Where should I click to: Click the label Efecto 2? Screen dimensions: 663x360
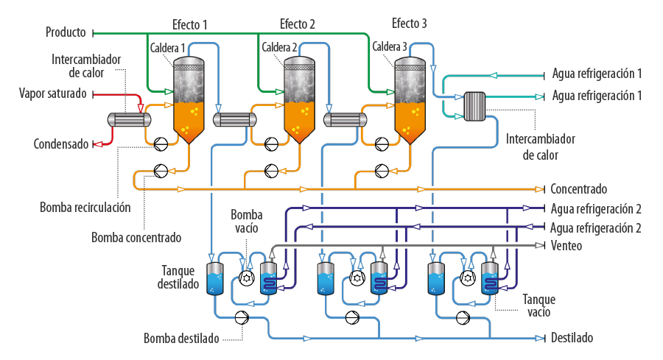click(x=298, y=24)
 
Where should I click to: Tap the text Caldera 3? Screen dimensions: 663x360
click(x=390, y=46)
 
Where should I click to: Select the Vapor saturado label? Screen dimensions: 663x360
click(x=53, y=93)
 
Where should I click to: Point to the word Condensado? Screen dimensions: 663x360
click(x=61, y=144)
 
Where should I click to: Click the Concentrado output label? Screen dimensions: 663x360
click(x=578, y=189)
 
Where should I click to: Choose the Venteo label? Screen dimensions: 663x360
click(x=566, y=245)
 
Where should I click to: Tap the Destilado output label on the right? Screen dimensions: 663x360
click(x=572, y=338)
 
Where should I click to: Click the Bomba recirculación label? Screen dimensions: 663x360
click(x=85, y=208)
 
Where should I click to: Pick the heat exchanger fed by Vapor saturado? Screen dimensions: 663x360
click(x=130, y=120)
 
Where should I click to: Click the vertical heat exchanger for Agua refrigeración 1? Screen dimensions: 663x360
click(x=475, y=107)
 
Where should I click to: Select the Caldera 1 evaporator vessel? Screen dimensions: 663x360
click(x=189, y=100)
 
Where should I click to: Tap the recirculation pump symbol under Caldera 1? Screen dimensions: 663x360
click(x=161, y=144)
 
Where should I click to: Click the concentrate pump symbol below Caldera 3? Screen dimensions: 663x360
click(x=382, y=171)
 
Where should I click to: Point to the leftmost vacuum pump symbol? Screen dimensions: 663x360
click(x=247, y=278)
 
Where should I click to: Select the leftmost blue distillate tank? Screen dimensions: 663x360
click(x=215, y=278)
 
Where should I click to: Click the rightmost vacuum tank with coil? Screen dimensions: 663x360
click(x=490, y=278)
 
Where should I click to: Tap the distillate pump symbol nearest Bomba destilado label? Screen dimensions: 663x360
click(x=242, y=317)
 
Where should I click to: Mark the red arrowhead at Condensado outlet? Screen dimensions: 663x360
click(x=98, y=144)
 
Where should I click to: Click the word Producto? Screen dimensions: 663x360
click(x=66, y=32)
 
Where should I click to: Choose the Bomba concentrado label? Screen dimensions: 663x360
click(x=136, y=238)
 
